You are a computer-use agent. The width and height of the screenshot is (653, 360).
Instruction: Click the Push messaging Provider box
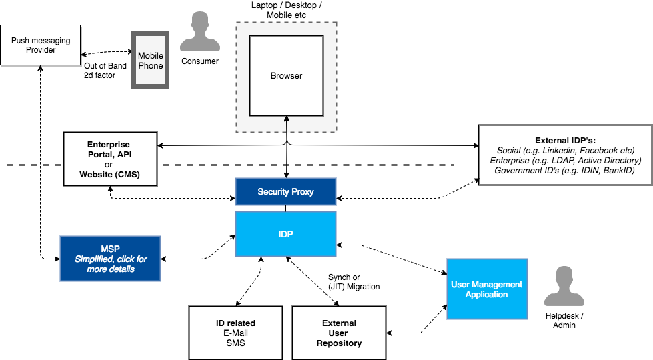coord(40,45)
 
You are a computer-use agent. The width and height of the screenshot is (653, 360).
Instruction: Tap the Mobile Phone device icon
coord(150,60)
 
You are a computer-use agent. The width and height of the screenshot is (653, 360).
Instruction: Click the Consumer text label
coord(200,61)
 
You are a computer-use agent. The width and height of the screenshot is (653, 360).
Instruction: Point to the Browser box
coord(286,76)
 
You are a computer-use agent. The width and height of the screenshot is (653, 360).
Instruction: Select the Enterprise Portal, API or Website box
coord(110,159)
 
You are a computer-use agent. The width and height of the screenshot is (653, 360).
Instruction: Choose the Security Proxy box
coord(285,191)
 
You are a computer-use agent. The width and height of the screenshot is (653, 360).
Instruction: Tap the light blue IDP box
coord(285,234)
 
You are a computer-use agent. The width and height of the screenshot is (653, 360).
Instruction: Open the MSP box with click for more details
coord(110,259)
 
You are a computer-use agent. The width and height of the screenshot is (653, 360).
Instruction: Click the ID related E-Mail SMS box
coord(235,333)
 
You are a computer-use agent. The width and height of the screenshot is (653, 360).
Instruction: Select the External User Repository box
coord(339,333)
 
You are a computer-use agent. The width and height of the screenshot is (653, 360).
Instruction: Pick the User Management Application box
coord(486,289)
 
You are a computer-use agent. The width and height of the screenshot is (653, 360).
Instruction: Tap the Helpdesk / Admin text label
coord(564,321)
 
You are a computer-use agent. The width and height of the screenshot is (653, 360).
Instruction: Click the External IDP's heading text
coord(565,141)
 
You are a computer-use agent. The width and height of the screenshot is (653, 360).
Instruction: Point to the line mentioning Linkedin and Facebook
coord(565,151)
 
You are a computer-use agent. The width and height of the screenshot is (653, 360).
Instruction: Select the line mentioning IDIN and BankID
coord(565,171)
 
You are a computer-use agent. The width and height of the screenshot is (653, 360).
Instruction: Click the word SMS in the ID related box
coord(235,343)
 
